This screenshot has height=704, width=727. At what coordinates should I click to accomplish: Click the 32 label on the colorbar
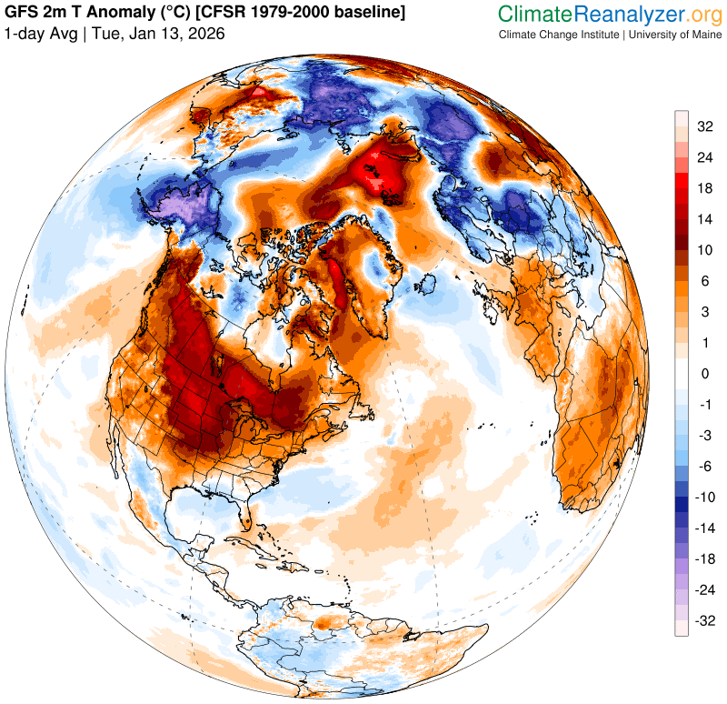coord(704,127)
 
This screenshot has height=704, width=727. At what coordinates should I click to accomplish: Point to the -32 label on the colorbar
coord(704,621)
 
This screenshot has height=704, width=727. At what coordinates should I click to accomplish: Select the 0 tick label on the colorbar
coord(704,374)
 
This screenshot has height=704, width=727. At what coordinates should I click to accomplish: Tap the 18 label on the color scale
coord(704,188)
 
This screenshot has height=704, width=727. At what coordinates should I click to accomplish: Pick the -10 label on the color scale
coord(704,498)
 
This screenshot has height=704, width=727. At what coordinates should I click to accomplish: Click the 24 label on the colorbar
coord(704,156)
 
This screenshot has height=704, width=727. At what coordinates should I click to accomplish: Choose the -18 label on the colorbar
coord(704,559)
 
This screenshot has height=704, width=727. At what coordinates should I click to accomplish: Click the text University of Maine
coord(672,35)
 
